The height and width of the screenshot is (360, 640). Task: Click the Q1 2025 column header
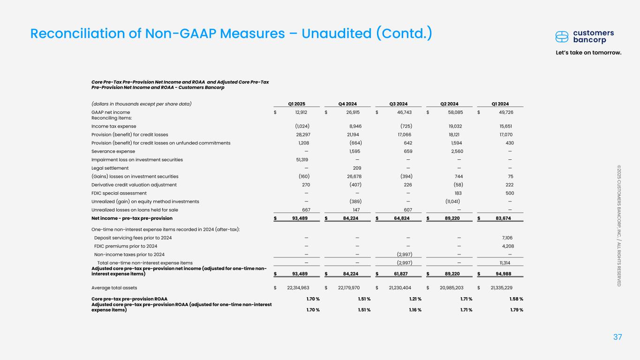click(297, 104)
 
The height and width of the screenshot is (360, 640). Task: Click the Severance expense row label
click(113, 151)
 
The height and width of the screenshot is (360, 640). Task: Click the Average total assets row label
click(114, 287)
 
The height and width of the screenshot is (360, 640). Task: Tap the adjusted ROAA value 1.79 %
click(514, 309)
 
